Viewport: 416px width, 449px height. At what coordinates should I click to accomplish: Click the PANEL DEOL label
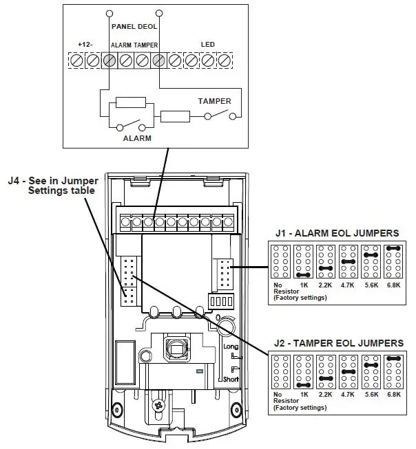(x=134, y=28)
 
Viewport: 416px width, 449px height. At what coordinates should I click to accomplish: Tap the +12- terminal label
(x=85, y=45)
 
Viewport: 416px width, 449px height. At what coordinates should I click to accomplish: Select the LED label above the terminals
(x=207, y=45)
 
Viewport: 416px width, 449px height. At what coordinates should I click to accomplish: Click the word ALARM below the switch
(x=136, y=138)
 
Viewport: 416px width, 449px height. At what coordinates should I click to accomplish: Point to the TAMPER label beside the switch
(x=214, y=101)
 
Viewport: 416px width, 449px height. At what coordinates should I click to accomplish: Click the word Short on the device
(x=231, y=379)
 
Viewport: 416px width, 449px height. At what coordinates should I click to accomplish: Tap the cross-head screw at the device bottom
(x=160, y=407)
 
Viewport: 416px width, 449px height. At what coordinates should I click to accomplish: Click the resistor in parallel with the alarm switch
(x=131, y=103)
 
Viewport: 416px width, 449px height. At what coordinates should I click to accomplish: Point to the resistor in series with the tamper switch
(x=175, y=116)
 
